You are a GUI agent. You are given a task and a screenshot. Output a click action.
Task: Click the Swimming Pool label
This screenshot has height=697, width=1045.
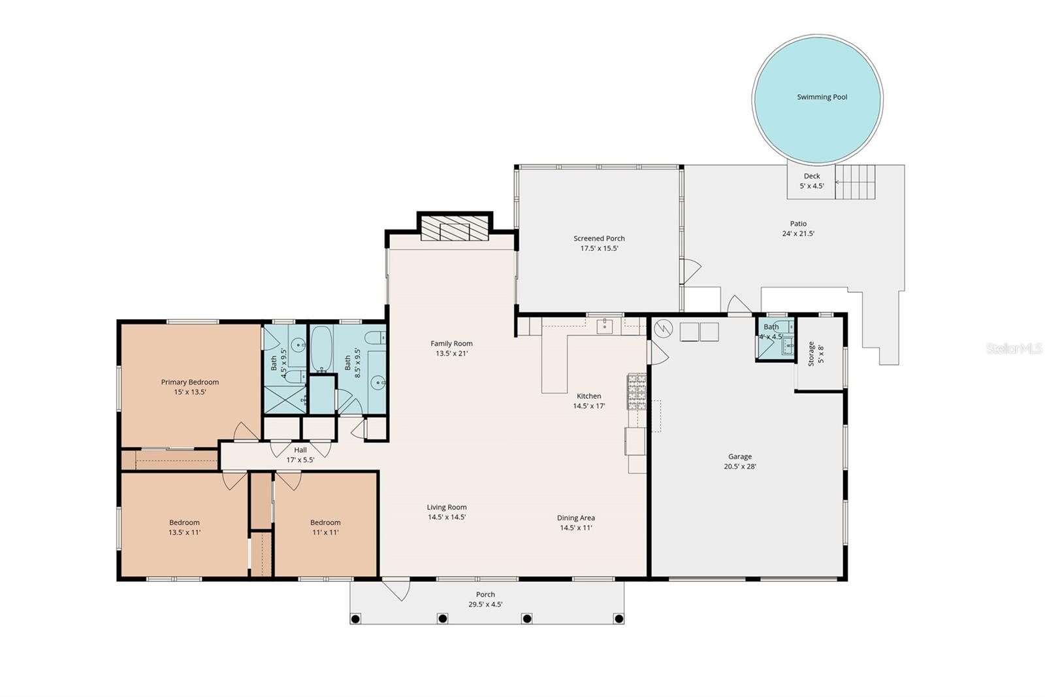[822, 97]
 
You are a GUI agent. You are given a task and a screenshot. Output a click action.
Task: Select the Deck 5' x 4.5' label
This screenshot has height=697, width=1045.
[812, 180]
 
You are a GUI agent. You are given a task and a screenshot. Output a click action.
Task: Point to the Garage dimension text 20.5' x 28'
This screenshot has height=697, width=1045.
[740, 467]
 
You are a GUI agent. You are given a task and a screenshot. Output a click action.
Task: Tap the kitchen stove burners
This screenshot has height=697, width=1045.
[637, 391]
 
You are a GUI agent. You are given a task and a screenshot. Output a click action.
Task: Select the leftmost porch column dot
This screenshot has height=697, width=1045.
[355, 619]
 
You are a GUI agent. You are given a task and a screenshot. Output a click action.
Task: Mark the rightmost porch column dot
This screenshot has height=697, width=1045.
[618, 619]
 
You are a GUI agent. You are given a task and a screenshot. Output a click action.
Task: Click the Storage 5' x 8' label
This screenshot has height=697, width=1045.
[815, 353]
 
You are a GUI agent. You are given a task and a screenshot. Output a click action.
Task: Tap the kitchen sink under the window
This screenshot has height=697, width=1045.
[605, 326]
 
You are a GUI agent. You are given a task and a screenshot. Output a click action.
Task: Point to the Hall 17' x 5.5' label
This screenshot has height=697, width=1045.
[300, 454]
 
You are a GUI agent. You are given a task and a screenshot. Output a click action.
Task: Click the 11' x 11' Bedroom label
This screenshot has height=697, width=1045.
[325, 527]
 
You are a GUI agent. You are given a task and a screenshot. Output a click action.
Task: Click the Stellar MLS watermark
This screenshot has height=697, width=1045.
[1014, 349]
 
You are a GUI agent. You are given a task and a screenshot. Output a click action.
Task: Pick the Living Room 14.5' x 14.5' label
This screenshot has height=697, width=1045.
[447, 512]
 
